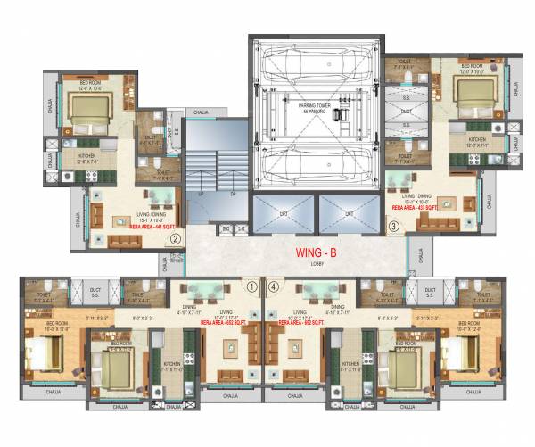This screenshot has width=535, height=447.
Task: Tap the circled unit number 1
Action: pyautogui.click(x=251, y=287)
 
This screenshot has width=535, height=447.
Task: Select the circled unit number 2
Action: pyautogui.click(x=176, y=238)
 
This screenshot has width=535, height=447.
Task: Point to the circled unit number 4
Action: pyautogui.click(x=274, y=287)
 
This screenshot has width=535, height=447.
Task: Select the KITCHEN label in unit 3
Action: pyautogui.click(x=478, y=139)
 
